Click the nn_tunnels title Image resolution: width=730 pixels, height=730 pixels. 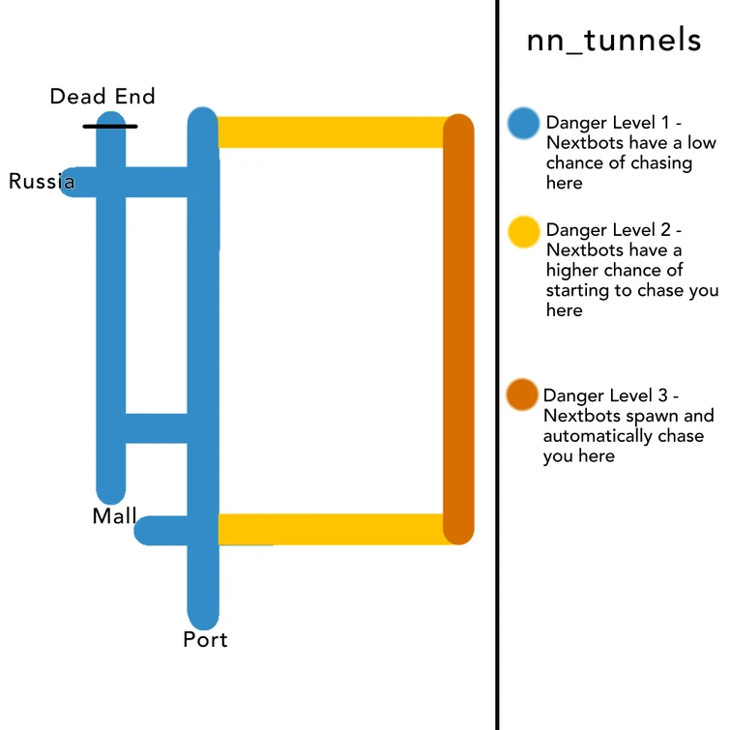point(613,41)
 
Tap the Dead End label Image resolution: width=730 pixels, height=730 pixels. point(102,97)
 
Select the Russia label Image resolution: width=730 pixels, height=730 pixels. point(42,181)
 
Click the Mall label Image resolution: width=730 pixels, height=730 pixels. point(114,516)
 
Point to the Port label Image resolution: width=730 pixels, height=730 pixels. point(205,640)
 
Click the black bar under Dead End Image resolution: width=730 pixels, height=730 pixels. point(110,126)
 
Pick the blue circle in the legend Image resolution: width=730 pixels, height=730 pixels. point(523,123)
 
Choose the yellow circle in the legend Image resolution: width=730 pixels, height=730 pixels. point(523,231)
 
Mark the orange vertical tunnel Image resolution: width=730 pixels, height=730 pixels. point(458,329)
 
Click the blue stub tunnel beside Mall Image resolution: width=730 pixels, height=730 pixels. point(164,530)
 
